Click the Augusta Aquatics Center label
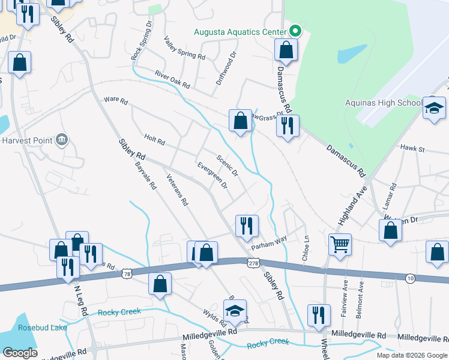click(240, 31)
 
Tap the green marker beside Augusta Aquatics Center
click(295, 31)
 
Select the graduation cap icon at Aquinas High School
click(434, 109)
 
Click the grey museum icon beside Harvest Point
click(61, 140)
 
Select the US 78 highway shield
click(126, 274)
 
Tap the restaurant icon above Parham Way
click(247, 226)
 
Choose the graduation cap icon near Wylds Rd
click(235, 310)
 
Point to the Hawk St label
click(412, 148)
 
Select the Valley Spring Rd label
click(184, 48)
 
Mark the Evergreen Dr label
click(212, 175)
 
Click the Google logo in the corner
click(20, 352)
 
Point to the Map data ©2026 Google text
click(411, 355)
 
